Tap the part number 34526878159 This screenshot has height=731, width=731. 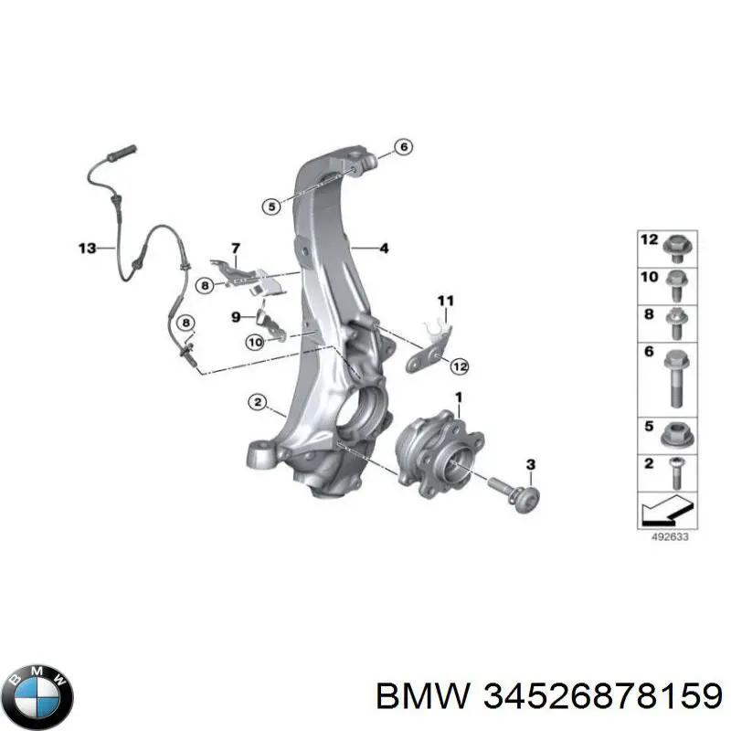(603, 697)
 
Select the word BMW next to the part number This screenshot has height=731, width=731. (422, 697)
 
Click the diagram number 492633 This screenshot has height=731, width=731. (670, 536)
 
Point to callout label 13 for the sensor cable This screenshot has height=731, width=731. (87, 248)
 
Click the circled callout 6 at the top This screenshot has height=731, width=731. (404, 147)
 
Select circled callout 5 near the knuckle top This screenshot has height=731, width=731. (271, 206)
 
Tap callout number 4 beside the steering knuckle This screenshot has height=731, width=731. (384, 248)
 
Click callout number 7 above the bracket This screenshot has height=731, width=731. (236, 249)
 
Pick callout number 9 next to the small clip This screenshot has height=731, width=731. (236, 317)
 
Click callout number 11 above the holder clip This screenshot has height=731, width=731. (446, 301)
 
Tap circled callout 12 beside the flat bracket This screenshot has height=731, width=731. (461, 366)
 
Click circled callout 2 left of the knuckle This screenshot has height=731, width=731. (258, 402)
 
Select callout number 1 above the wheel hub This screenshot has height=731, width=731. (459, 397)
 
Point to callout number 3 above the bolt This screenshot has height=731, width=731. (531, 464)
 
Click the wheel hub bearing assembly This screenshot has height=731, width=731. (439, 454)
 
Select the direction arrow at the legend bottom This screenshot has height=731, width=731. (669, 511)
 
